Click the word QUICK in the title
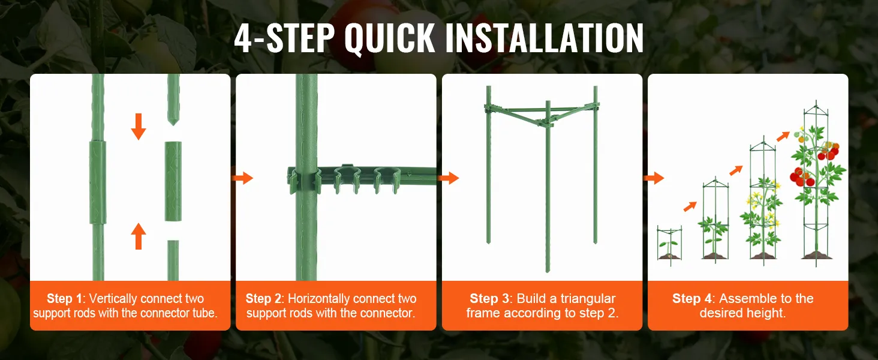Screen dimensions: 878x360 [x=389, y=38]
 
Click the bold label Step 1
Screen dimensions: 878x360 [x=65, y=298]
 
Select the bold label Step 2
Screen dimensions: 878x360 [x=263, y=298]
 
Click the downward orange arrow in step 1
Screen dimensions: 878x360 [x=139, y=126]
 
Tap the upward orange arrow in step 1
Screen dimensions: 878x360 [x=139, y=236]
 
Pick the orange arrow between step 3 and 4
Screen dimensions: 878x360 [x=654, y=178]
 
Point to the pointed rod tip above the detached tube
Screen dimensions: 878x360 [x=173, y=118]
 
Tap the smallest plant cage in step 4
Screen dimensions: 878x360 [x=669, y=245]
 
